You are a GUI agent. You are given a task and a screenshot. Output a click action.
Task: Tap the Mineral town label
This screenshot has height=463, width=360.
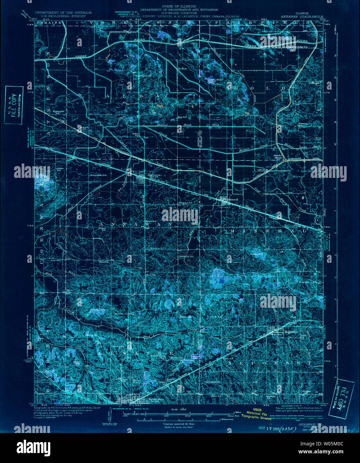pyautogui.click(x=230, y=200)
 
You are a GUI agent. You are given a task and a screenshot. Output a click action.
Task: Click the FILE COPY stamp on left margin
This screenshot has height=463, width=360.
pyautogui.click(x=14, y=105)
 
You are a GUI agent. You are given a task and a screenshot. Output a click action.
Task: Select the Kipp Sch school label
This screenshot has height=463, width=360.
pyautogui.click(x=182, y=117)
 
